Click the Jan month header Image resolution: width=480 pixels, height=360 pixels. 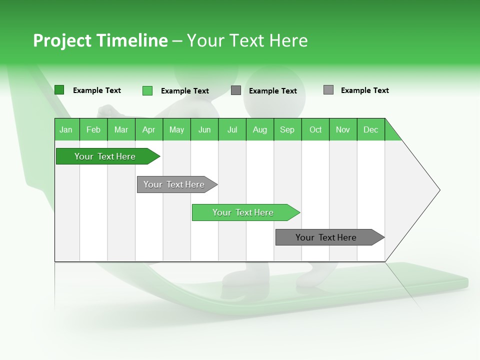[66, 129]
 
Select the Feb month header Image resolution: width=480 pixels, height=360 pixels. [93, 129]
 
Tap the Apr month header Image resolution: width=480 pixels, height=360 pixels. [149, 129]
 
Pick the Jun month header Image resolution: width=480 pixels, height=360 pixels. [204, 129]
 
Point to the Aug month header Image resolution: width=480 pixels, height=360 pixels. [260, 129]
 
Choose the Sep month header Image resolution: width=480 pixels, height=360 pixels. [287, 129]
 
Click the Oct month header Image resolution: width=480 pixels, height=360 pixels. [315, 129]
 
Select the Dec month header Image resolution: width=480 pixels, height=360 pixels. [371, 129]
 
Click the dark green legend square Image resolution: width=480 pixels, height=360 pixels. [59, 90]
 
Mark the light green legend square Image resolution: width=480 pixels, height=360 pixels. [147, 90]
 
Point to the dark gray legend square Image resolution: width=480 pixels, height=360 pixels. [236, 90]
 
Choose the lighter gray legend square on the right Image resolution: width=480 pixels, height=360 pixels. [328, 90]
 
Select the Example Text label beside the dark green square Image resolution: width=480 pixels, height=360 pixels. [97, 90]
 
